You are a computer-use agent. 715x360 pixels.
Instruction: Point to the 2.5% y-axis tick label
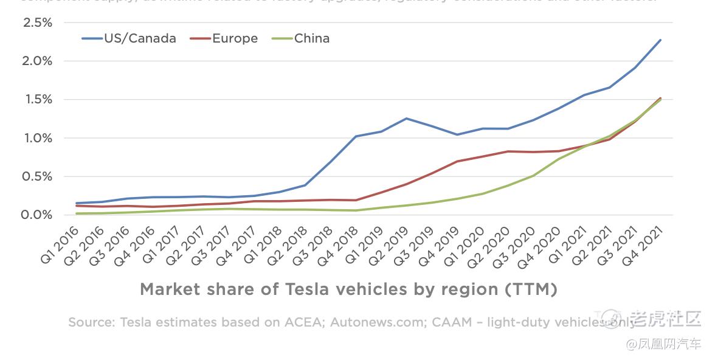tap(37, 22)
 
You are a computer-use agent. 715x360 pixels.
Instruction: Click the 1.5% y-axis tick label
tap(37, 100)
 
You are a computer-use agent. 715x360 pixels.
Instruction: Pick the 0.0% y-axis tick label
tap(37, 215)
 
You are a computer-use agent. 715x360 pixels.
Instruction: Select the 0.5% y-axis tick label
tap(37, 177)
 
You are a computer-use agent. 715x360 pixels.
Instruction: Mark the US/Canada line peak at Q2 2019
tap(406, 119)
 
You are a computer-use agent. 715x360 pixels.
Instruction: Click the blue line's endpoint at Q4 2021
tap(660, 40)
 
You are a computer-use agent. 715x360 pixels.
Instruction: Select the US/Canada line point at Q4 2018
tap(356, 136)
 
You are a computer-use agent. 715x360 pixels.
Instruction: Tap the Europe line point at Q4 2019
tap(457, 162)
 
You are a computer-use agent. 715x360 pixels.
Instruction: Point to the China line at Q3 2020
tap(533, 176)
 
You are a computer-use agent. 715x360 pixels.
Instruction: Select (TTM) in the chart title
tap(531, 289)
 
